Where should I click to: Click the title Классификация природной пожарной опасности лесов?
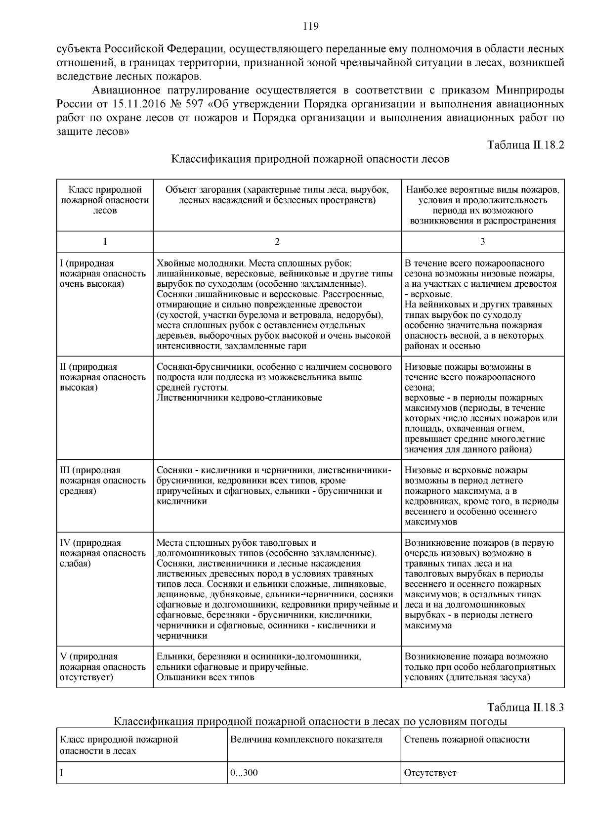310,159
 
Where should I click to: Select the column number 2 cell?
277,242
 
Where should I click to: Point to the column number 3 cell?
482,242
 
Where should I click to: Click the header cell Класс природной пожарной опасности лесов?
105,200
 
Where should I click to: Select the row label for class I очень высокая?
103,273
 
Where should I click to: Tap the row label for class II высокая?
103,377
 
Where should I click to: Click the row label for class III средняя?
103,480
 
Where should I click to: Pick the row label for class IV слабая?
103,553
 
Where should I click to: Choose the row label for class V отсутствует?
103,666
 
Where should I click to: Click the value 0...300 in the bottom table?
244,773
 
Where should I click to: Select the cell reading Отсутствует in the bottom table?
430,773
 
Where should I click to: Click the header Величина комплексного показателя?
306,740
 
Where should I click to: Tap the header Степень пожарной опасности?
466,740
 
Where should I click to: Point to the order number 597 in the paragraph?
205,104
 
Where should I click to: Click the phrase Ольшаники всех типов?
206,677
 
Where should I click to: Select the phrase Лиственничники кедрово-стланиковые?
239,397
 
